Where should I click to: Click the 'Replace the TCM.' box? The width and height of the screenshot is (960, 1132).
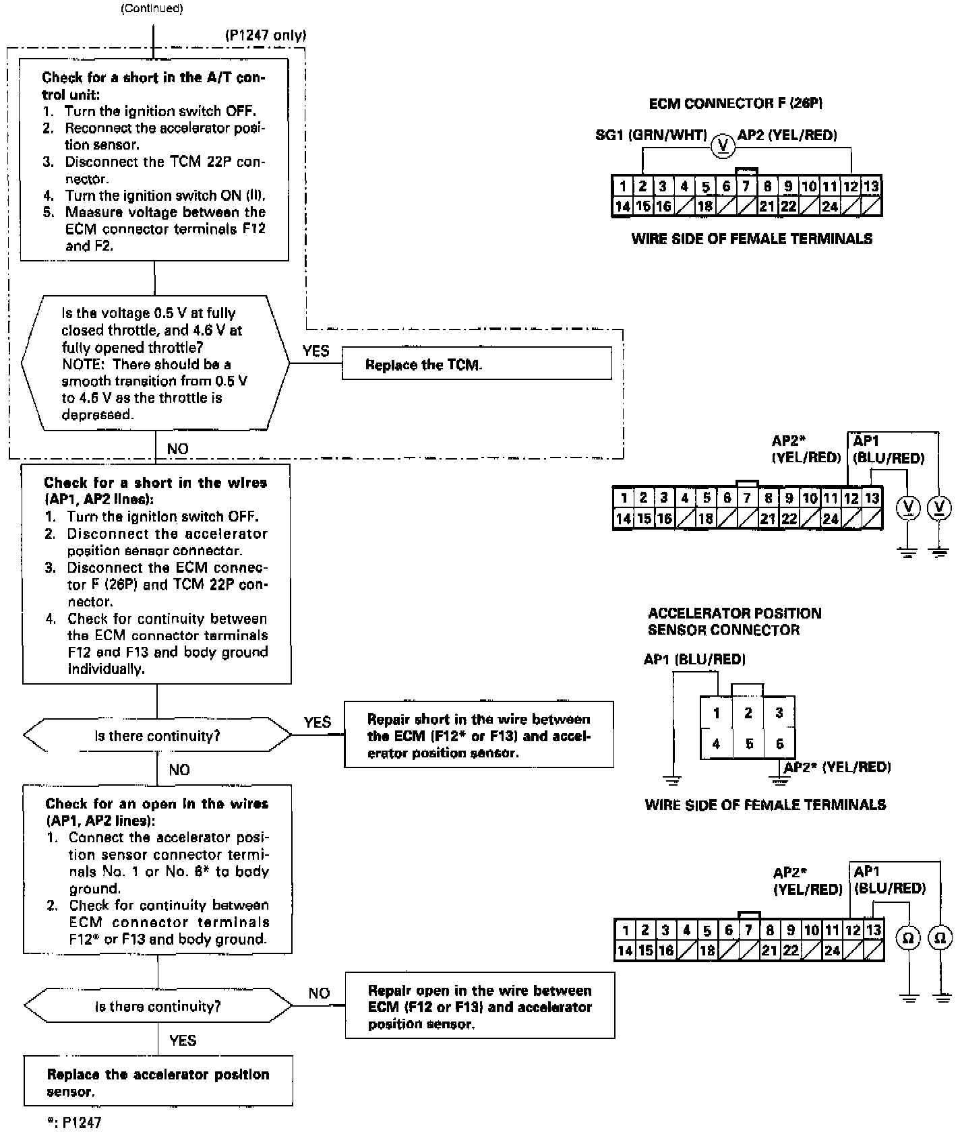click(477, 364)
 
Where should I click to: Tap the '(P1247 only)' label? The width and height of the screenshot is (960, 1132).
click(265, 35)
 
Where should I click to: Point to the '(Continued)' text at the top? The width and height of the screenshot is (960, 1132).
click(152, 9)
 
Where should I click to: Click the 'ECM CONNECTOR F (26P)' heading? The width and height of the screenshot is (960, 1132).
click(736, 103)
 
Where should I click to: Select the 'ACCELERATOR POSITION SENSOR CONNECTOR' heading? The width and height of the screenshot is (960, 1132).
click(734, 621)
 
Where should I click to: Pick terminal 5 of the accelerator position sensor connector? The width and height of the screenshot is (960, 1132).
click(748, 744)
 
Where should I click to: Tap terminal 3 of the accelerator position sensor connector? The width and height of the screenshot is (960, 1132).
click(779, 713)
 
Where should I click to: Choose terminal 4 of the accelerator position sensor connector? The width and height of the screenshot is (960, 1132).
click(716, 744)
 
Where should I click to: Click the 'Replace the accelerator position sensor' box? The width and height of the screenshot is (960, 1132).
click(158, 1083)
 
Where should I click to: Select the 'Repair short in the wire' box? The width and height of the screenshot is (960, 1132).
click(479, 735)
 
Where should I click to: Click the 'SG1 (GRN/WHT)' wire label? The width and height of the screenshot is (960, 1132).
click(651, 135)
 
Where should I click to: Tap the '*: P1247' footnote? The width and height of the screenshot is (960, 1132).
click(74, 1123)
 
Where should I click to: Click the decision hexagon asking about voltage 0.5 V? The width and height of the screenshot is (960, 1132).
click(155, 363)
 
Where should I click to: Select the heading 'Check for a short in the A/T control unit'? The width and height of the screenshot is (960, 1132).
click(154, 86)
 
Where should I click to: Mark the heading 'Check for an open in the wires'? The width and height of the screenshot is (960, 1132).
click(157, 812)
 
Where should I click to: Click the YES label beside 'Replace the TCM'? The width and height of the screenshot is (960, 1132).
click(316, 351)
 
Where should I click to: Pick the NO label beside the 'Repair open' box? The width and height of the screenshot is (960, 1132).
click(319, 993)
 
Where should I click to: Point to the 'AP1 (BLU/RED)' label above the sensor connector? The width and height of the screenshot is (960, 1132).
click(694, 659)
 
